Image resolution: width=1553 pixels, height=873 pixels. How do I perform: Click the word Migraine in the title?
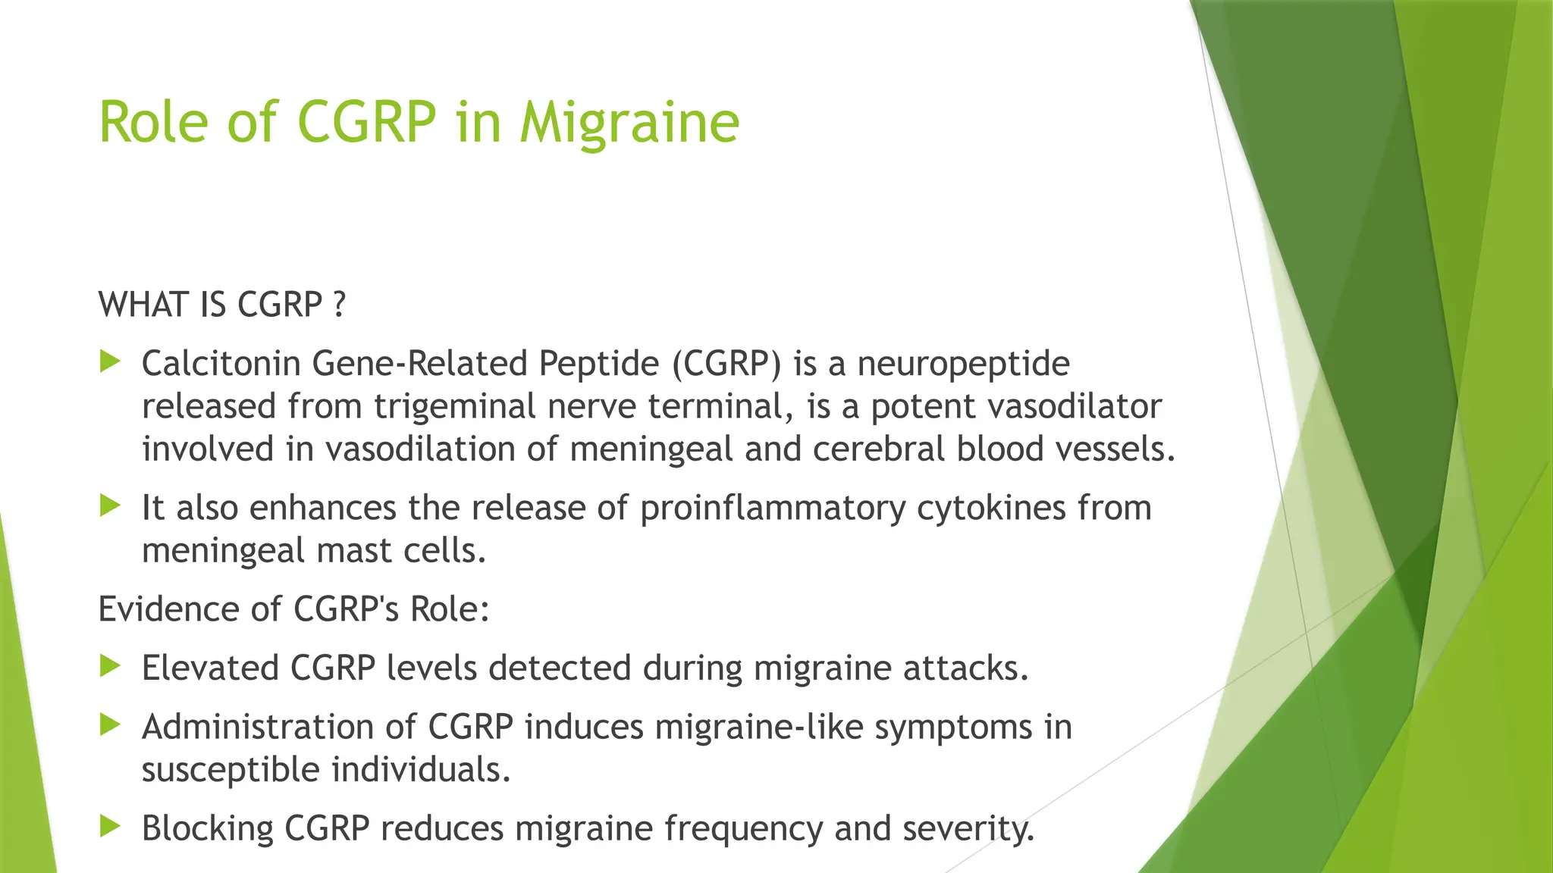point(629,123)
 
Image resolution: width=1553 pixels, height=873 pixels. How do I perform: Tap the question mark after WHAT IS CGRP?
point(339,305)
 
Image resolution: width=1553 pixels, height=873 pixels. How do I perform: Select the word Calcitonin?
point(221,364)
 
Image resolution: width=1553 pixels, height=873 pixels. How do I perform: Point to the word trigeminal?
point(454,408)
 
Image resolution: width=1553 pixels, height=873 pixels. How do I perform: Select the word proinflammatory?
point(773,508)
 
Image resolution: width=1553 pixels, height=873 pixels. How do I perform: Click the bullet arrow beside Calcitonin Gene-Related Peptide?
point(111,362)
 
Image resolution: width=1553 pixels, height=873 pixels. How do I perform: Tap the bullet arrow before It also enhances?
point(111,506)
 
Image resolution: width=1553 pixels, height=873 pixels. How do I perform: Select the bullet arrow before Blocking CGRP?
point(111,826)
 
